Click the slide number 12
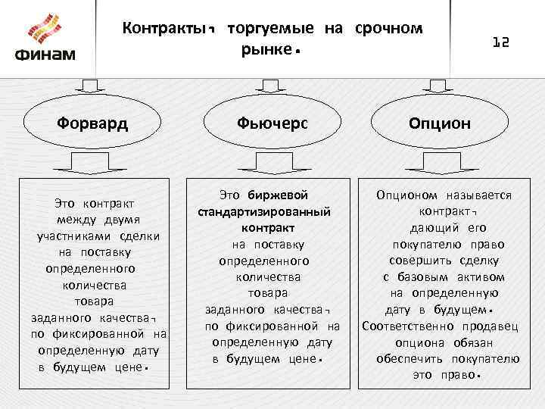pos(501,43)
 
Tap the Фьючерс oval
pos(272,122)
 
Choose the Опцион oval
pos(440,122)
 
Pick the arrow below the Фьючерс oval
pos(272,161)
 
